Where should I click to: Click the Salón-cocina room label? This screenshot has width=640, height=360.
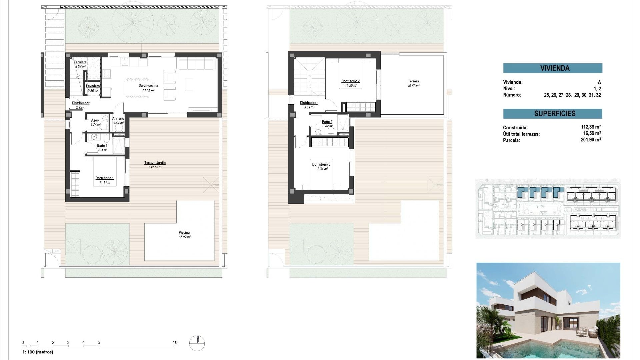click(x=148, y=86)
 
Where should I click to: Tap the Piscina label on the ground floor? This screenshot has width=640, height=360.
click(x=184, y=233)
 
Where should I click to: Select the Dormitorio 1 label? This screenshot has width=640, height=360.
click(x=105, y=178)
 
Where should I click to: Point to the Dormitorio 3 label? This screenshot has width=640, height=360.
click(x=321, y=164)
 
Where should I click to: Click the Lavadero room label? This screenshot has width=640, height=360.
click(x=93, y=86)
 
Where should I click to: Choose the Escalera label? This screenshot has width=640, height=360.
click(x=80, y=62)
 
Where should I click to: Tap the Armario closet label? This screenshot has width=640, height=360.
click(x=118, y=118)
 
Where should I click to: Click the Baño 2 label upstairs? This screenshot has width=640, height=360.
click(x=327, y=122)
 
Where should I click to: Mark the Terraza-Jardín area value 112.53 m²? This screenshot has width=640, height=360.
click(x=155, y=167)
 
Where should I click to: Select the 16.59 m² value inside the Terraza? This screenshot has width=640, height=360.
click(x=413, y=86)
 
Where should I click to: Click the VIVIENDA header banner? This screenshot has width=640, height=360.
click(x=553, y=68)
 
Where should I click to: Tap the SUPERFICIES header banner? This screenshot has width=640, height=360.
click(x=553, y=114)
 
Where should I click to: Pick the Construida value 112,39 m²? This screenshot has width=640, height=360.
click(x=591, y=127)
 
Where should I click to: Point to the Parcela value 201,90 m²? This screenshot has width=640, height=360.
click(x=591, y=140)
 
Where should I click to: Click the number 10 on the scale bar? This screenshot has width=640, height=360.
click(x=175, y=342)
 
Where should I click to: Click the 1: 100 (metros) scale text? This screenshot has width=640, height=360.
click(x=38, y=352)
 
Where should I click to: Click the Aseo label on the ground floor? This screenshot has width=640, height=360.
click(x=95, y=120)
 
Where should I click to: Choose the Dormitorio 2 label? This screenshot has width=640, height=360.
click(x=350, y=81)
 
